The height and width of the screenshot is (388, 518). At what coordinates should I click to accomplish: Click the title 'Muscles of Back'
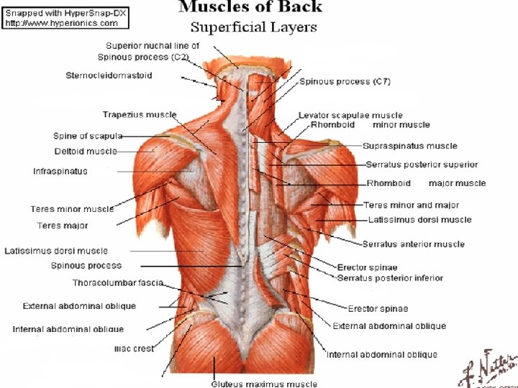point(250,8)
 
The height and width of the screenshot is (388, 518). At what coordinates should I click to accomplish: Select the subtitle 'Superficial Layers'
point(253,28)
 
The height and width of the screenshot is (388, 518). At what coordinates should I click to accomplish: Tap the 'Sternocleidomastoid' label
point(109,75)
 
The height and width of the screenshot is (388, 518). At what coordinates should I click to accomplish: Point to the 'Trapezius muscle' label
point(139,115)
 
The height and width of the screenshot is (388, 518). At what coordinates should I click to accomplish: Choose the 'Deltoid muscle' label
point(85,152)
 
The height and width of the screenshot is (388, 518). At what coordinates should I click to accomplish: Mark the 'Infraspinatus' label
point(60,172)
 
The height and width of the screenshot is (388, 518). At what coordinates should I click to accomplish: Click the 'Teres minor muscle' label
point(72,209)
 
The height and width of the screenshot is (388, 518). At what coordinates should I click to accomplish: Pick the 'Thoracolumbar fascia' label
point(117,282)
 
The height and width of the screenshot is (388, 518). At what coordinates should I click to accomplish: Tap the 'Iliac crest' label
point(134,349)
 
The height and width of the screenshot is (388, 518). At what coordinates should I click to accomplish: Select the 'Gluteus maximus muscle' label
point(263,384)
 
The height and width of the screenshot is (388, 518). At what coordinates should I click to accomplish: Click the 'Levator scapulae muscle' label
point(350,115)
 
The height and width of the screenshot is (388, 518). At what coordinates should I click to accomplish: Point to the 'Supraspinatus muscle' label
point(411,146)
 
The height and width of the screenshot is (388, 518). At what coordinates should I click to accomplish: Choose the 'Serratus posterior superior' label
point(422,165)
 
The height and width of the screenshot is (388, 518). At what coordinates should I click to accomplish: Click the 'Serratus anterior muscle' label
point(413,244)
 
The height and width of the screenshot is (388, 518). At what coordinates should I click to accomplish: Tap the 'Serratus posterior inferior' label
point(390,277)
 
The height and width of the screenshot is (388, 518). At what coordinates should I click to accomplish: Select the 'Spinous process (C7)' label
point(345,82)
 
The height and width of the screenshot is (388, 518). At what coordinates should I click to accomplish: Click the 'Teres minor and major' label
point(411,205)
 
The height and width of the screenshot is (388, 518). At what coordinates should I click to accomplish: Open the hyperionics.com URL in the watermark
point(51,23)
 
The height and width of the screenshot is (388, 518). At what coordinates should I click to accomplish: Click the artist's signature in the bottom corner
point(487,366)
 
